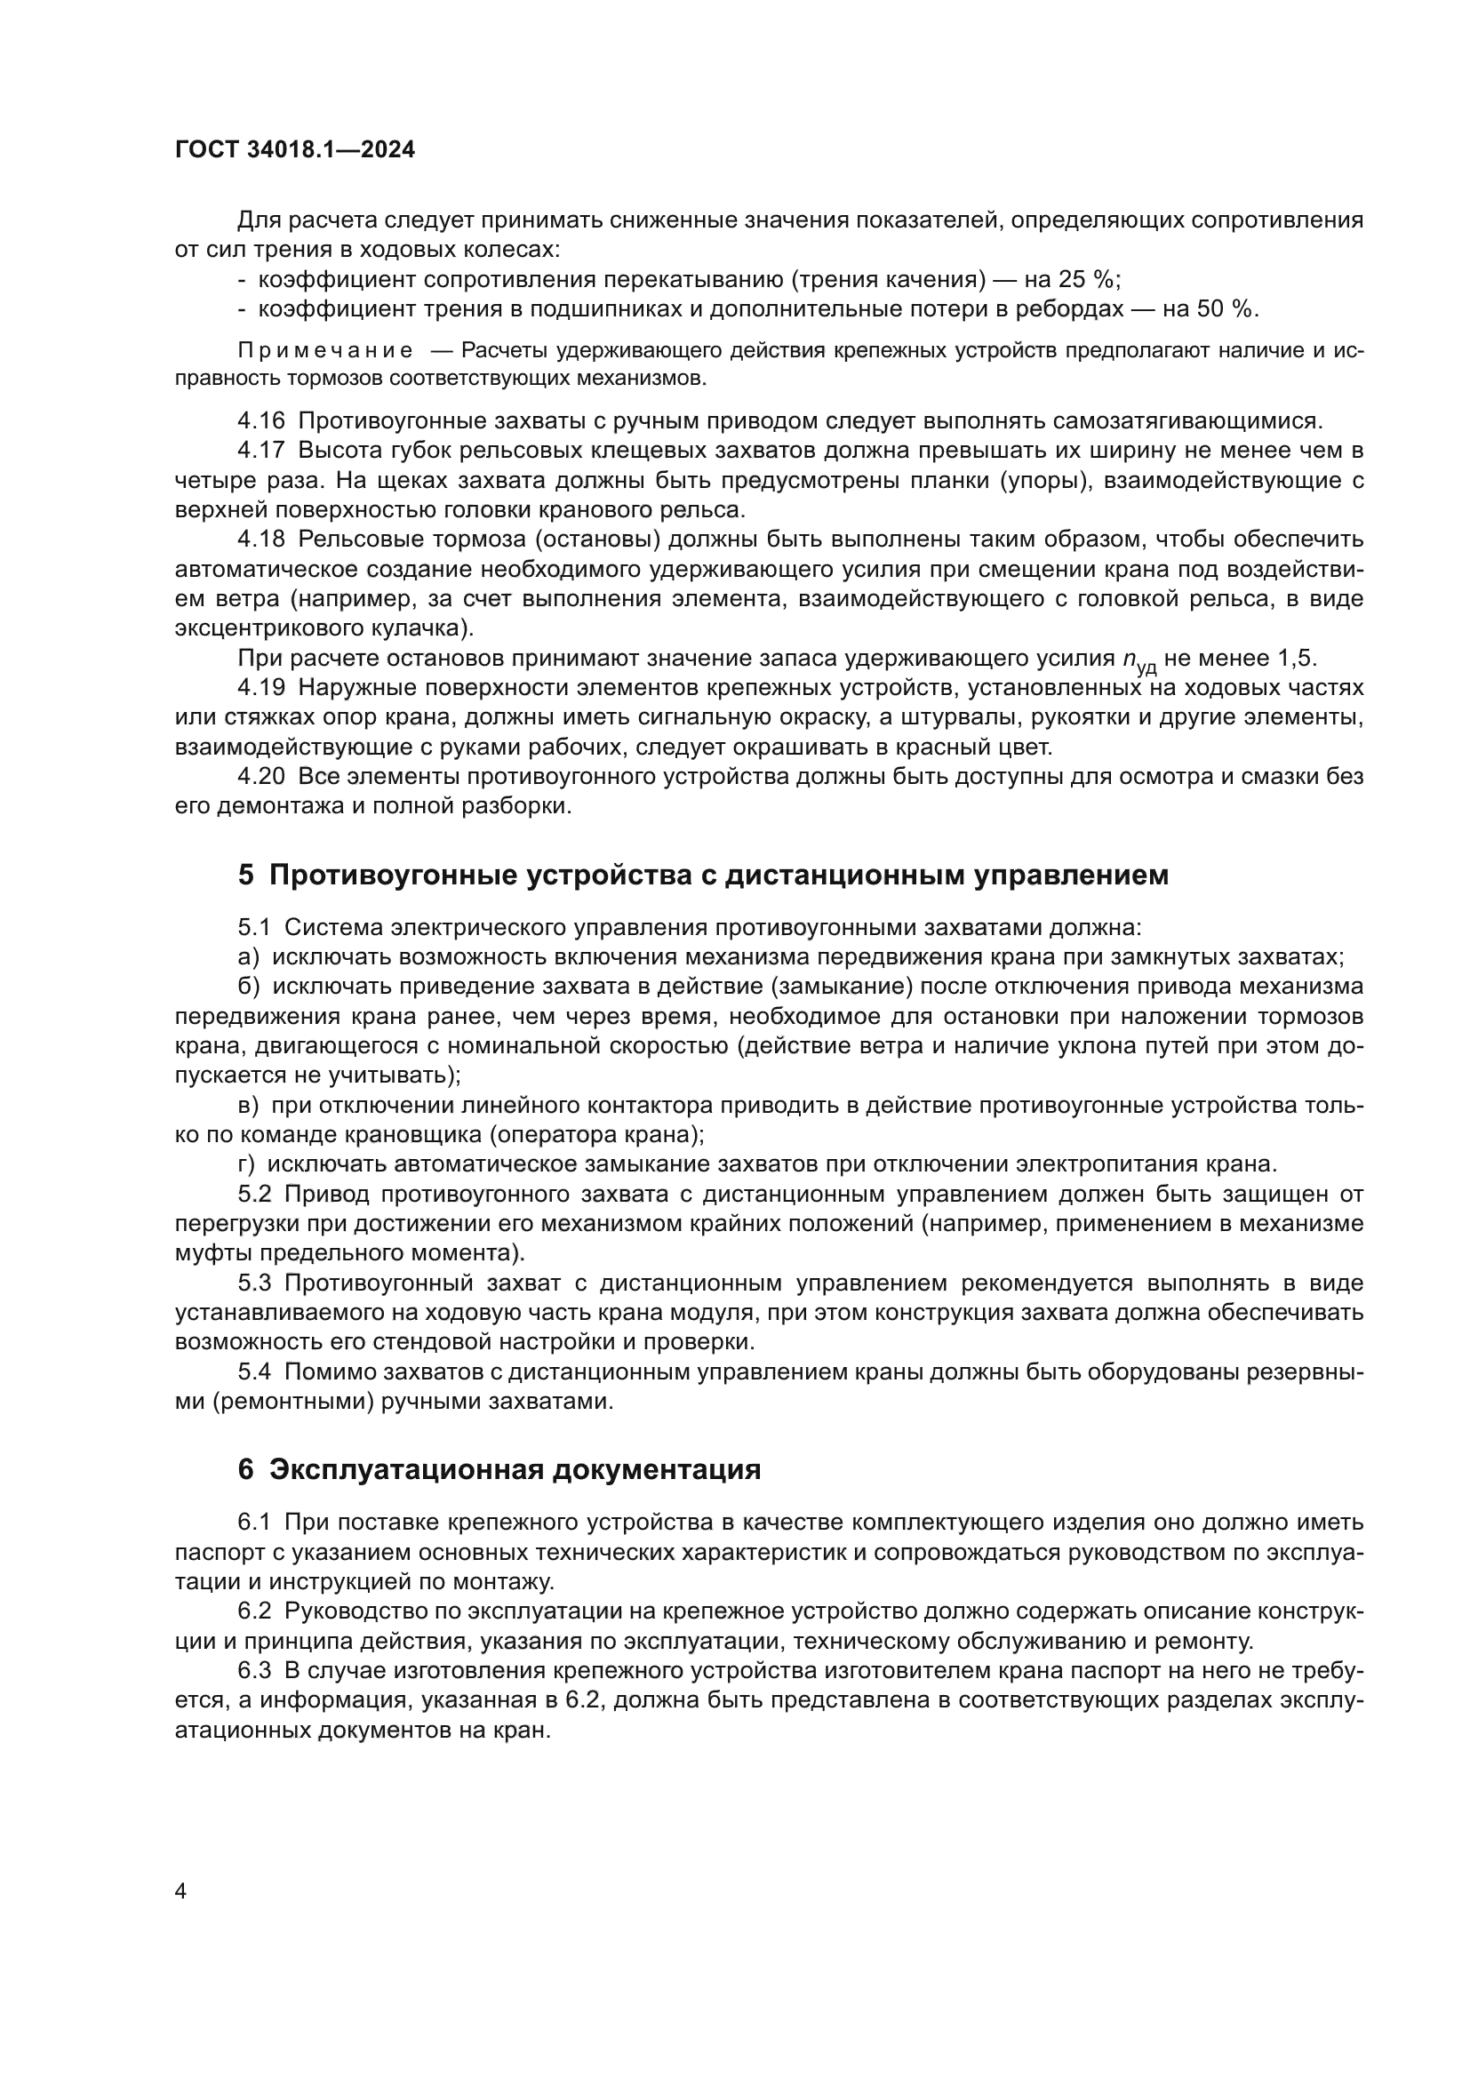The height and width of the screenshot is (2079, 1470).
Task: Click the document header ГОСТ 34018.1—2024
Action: [294, 150]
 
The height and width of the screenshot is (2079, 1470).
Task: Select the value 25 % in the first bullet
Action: [1084, 279]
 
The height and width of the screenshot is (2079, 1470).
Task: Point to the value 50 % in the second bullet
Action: [1226, 308]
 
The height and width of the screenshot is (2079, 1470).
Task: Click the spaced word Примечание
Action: [325, 350]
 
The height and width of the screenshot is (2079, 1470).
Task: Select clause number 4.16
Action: [260, 421]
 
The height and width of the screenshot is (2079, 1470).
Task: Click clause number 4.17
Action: [260, 450]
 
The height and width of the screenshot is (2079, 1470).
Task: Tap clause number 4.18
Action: [260, 539]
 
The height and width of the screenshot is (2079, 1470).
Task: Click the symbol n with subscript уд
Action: [1138, 661]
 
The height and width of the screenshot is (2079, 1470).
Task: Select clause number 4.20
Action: [260, 776]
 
